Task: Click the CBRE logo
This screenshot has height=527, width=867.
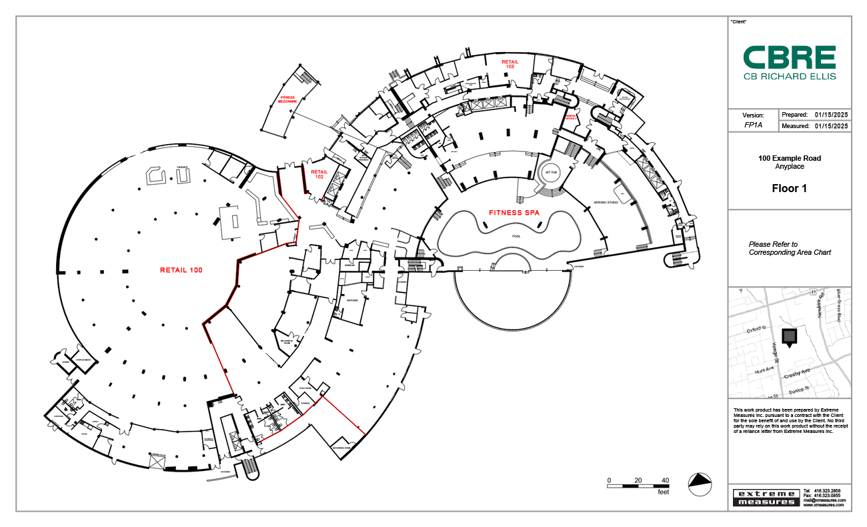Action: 790,63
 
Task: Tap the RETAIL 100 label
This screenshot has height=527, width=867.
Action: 181,270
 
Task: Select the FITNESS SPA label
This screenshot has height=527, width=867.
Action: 514,213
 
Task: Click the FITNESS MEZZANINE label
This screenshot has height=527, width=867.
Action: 287,99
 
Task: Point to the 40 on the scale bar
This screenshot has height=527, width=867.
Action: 665,480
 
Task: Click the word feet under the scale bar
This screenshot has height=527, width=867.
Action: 663,492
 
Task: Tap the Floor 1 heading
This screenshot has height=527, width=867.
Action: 789,189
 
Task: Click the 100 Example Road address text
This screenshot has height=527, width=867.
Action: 789,158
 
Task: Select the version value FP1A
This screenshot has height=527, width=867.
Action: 753,125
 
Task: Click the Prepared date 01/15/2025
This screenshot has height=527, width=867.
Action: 831,115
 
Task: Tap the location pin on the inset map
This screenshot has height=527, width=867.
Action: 789,338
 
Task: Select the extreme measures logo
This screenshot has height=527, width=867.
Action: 765,498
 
